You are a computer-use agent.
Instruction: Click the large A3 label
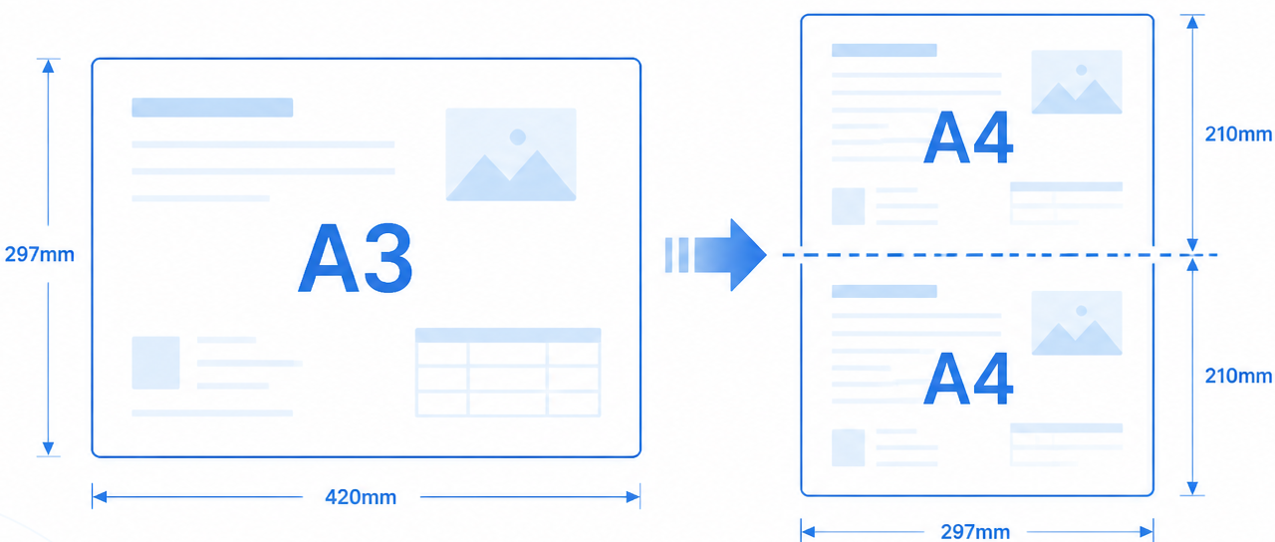356,258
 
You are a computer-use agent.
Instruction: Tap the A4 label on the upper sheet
968,137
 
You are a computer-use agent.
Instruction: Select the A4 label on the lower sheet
968,379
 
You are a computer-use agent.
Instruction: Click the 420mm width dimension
361,497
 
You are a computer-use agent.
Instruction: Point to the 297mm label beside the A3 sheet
39,254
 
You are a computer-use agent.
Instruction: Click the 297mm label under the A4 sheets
975,532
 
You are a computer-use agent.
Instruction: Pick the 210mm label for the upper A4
1238,135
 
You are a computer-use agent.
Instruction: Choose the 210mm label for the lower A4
1238,376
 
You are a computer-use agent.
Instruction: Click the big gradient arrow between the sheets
716,254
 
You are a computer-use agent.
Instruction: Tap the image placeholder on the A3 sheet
511,154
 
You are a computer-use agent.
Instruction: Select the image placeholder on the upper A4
1077,82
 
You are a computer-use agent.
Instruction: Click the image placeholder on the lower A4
1077,323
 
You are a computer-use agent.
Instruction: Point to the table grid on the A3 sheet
508,373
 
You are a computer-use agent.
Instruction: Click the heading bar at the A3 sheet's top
212,108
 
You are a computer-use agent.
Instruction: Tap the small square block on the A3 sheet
156,363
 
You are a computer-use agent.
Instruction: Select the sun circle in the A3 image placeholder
517,136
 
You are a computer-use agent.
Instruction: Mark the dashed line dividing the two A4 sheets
999,254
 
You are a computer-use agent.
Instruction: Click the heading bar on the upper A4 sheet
884,50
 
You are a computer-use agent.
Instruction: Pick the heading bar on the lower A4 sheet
884,292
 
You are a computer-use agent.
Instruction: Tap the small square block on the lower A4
848,447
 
